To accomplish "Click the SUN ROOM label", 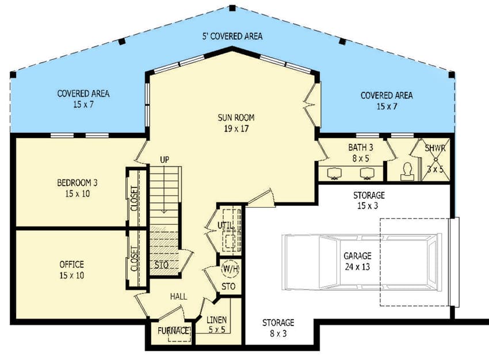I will click(x=236, y=118).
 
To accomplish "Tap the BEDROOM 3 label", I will click(x=77, y=183).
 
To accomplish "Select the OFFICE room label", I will click(x=71, y=265).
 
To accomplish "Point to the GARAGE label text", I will click(x=358, y=256).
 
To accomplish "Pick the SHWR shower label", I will click(x=435, y=148).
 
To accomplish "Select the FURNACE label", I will click(x=174, y=331).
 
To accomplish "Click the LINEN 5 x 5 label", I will click(x=216, y=325).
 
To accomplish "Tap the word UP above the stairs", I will click(x=165, y=159).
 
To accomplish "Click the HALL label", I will click(x=178, y=296).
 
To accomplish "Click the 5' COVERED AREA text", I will click(x=232, y=36).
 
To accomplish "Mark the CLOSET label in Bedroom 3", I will click(x=134, y=198).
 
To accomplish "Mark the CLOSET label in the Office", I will click(x=134, y=259).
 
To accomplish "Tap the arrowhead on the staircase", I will click(x=165, y=211).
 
